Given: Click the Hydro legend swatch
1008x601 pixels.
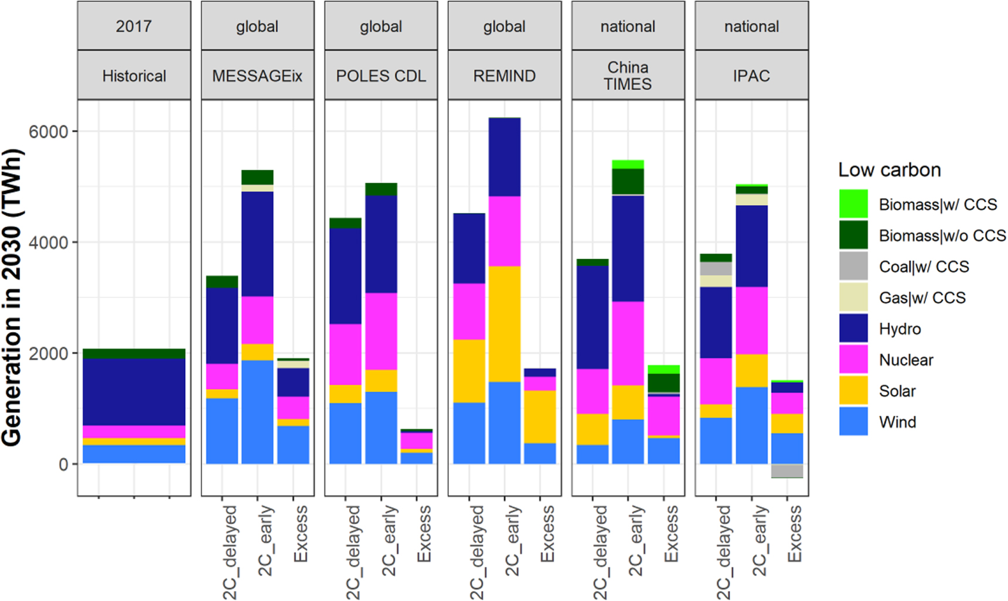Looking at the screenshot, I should pos(853,329).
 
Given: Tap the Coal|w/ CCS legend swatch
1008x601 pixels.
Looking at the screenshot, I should pos(853,267).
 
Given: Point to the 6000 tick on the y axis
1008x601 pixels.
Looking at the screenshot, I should pos(49,132).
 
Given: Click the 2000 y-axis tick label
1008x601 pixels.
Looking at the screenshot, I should pos(49,354).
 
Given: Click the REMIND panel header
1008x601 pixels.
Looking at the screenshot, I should pos(504,76).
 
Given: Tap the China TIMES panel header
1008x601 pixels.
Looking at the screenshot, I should pos(628,76).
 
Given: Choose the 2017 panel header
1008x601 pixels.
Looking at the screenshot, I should pos(134,26).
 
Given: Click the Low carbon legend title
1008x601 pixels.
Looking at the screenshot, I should pos(889,170).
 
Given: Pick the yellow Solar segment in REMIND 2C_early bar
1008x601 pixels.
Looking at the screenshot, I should pos(505,324).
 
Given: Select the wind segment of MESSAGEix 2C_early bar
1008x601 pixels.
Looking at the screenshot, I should pos(257,412).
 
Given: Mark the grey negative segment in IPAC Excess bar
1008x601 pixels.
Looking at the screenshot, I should pos(787,471).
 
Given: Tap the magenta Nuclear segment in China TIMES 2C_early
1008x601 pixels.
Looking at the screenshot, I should pos(628,343).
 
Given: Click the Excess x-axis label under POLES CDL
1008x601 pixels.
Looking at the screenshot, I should pos(423,534).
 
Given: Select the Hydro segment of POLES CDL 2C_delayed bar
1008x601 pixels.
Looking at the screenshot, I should pos(345,276).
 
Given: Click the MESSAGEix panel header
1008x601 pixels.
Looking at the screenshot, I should pos(257,76).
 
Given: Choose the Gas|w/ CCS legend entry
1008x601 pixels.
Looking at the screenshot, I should pos(922,298).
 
